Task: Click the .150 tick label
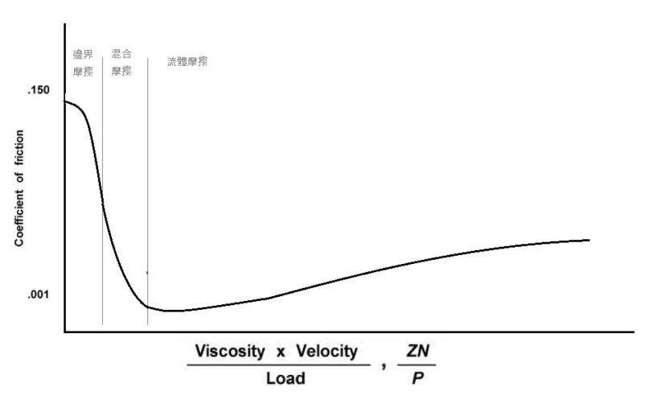pos(39,89)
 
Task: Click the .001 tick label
pos(39,295)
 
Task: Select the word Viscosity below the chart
pos(229,352)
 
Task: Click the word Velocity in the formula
pos(326,352)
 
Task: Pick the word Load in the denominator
pos(286,377)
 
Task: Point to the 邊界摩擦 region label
pos(83,62)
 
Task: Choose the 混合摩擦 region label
pos(122,62)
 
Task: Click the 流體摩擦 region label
pos(187,61)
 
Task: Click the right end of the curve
pos(589,240)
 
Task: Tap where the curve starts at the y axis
pos(65,101)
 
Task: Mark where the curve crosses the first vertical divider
pos(102,205)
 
